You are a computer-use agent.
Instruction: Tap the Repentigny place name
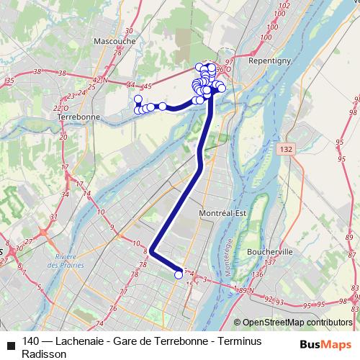click(x=267, y=63)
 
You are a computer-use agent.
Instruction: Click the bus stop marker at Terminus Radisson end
click(x=179, y=274)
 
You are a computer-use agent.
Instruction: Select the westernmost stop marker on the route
click(x=137, y=99)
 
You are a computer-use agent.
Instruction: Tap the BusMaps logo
click(x=325, y=343)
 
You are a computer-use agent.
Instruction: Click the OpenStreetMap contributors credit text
click(x=297, y=323)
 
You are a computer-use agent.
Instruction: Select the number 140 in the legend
click(x=31, y=342)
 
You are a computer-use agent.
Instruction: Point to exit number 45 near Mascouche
click(x=148, y=86)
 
